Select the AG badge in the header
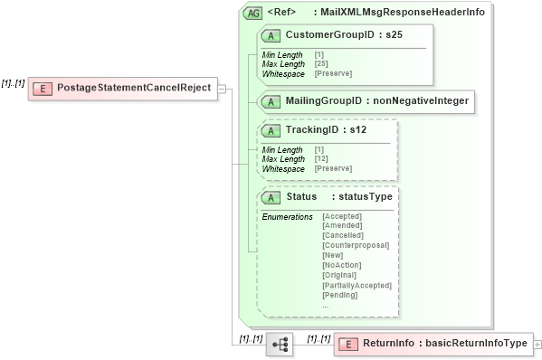tap(254, 13)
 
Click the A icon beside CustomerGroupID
tap(271, 35)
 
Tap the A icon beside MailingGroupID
tap(271, 101)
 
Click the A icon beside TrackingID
tap(271, 131)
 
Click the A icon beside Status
tap(271, 197)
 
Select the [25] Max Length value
tap(320, 63)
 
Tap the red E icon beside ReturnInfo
tap(347, 344)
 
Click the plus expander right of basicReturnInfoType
tap(537, 345)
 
